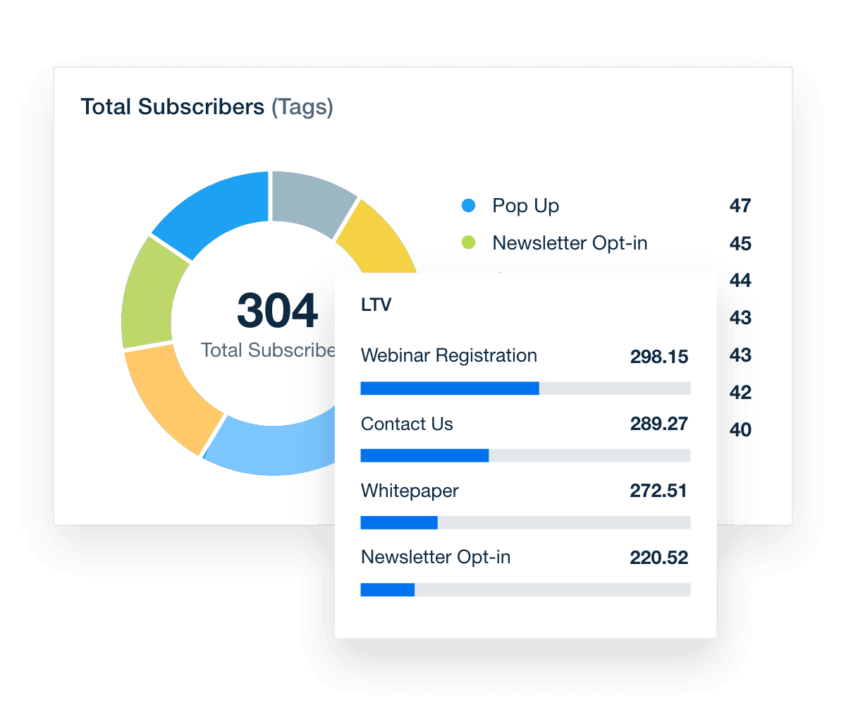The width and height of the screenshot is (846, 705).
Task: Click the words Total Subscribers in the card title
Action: click(x=172, y=107)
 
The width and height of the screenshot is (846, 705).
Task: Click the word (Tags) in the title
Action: click(x=302, y=107)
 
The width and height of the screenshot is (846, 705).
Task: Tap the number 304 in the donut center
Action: click(x=277, y=311)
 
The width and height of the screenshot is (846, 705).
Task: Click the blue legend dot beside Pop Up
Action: click(x=468, y=206)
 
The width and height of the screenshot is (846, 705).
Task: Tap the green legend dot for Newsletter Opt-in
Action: click(x=468, y=243)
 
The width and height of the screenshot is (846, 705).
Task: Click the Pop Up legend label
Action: click(x=525, y=206)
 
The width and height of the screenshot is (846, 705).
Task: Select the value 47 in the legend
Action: click(x=740, y=206)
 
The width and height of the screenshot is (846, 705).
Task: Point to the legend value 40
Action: click(x=740, y=429)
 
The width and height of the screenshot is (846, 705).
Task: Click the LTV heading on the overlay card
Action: click(x=376, y=305)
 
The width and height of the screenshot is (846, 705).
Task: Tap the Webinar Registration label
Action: click(x=448, y=356)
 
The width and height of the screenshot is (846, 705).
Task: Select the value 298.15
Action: click(x=658, y=357)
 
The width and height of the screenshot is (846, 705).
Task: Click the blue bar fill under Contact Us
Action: click(x=424, y=455)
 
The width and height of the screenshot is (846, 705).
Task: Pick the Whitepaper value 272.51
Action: click(x=658, y=491)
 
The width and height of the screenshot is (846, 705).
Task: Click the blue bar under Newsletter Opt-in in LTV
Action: click(x=387, y=589)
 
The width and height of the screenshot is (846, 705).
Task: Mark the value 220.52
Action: click(x=658, y=558)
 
